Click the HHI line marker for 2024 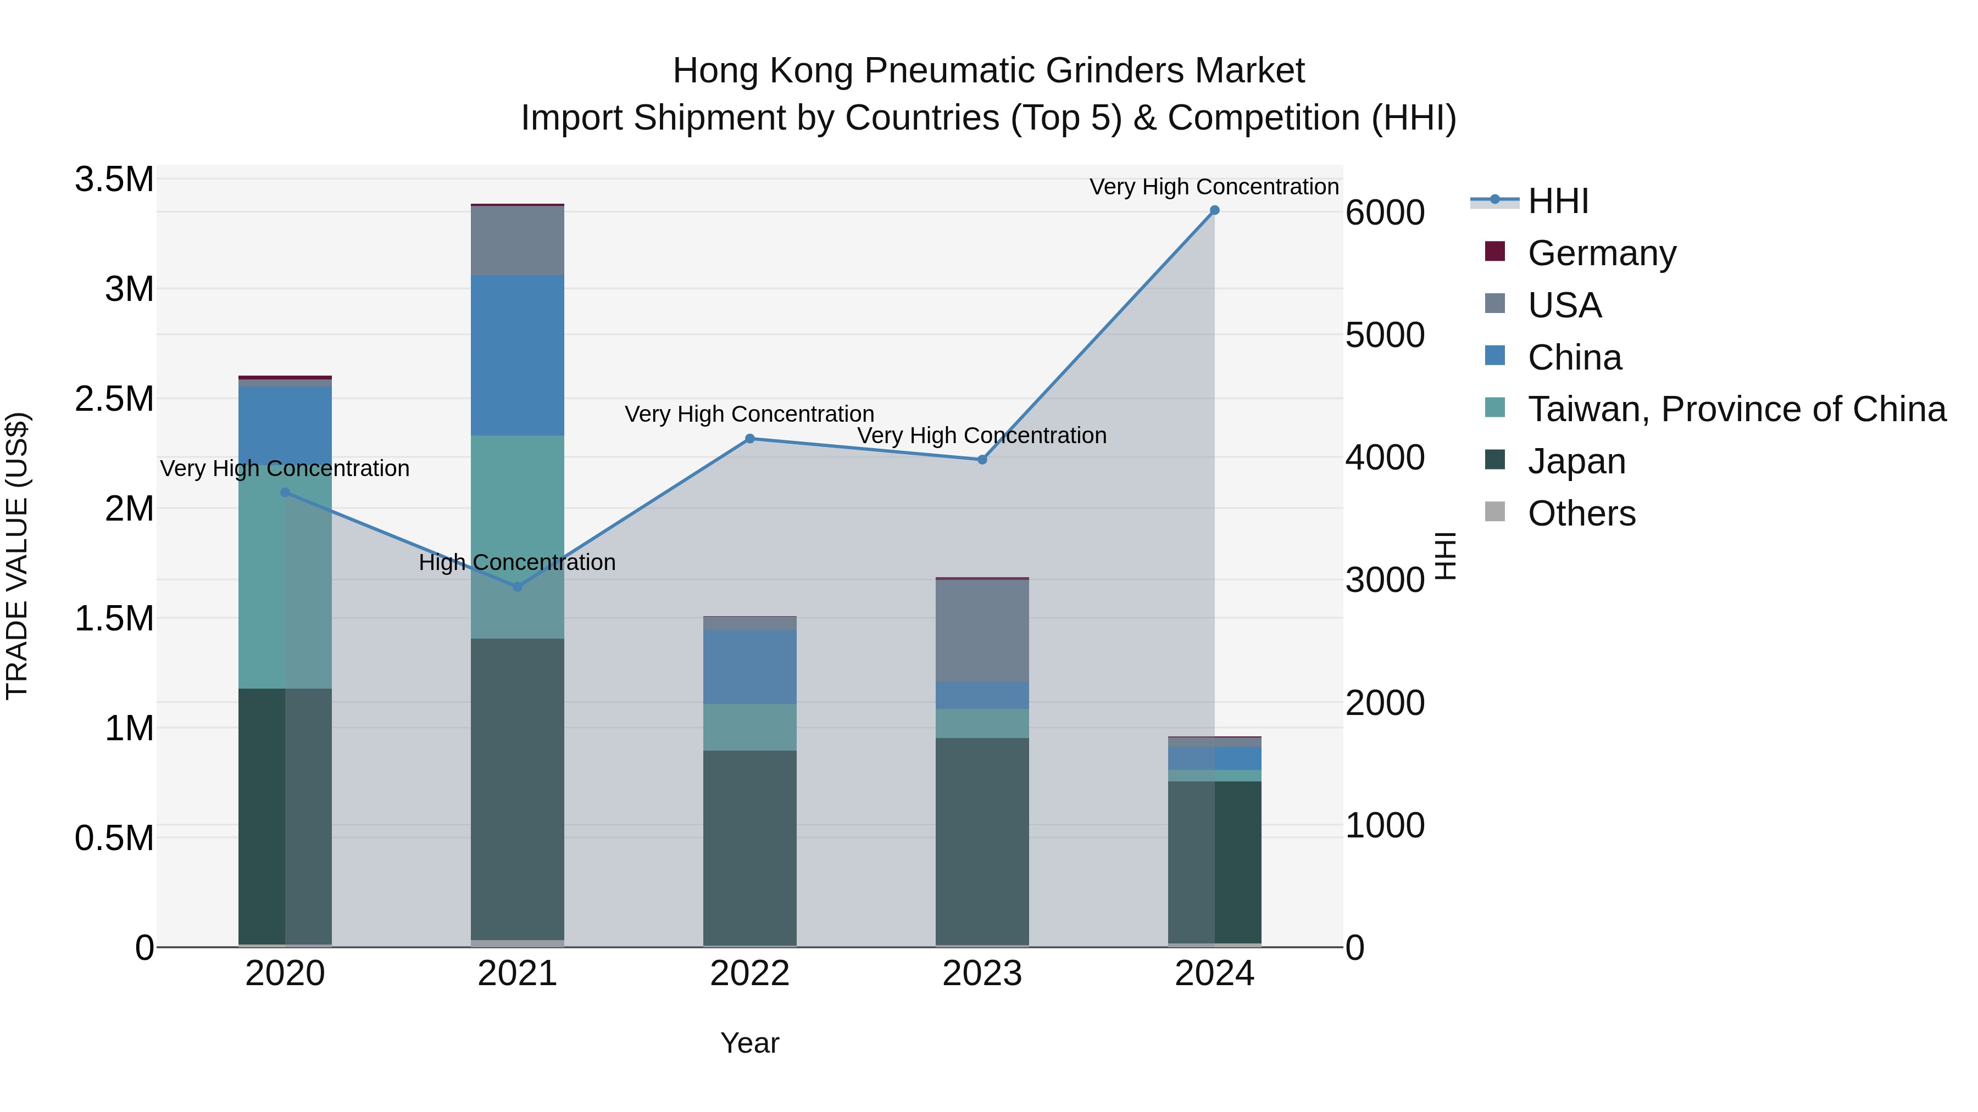pos(1214,210)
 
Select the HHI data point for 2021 pos(518,586)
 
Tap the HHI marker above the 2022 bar pos(750,439)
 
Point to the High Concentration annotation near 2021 pos(517,562)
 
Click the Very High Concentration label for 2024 pos(1213,187)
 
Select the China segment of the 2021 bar pos(518,355)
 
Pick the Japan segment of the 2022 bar pos(750,847)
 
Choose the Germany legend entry pos(1601,253)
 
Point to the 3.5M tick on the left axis pos(114,180)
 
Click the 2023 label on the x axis pos(982,974)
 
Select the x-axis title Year pos(749,1043)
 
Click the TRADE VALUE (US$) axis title pos(17,556)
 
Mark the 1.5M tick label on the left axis pos(114,618)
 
